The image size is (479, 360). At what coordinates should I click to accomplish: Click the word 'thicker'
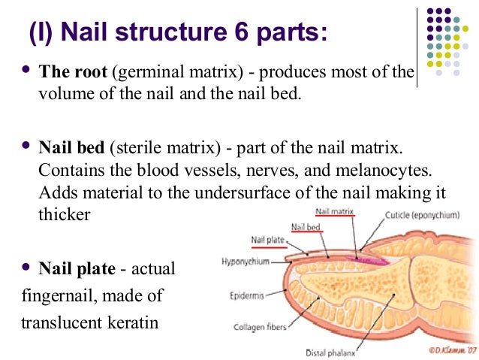pos(64,214)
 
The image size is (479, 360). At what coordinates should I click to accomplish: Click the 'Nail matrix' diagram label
pos(335,212)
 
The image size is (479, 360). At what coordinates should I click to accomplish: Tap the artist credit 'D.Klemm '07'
pos(448,351)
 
